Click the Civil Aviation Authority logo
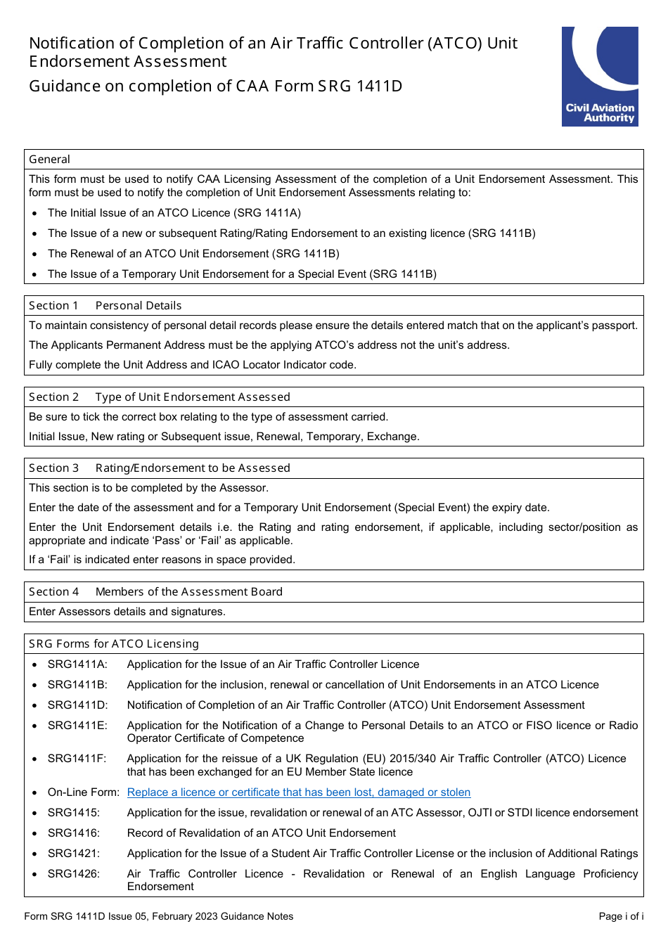(x=600, y=77)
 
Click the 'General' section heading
(x=49, y=160)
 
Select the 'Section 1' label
(x=53, y=306)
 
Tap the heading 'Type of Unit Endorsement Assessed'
(x=193, y=397)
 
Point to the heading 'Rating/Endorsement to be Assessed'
(x=193, y=468)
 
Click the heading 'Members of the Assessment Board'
(x=188, y=592)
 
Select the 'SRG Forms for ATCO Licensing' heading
(x=114, y=644)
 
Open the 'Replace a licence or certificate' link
(x=298, y=792)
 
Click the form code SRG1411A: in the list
(x=77, y=664)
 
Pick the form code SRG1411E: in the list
(x=77, y=726)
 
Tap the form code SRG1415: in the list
(x=74, y=813)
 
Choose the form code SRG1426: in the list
(x=74, y=874)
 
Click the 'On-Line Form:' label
(x=84, y=792)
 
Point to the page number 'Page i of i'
(x=621, y=916)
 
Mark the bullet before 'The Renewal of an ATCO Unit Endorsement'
(x=34, y=255)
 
